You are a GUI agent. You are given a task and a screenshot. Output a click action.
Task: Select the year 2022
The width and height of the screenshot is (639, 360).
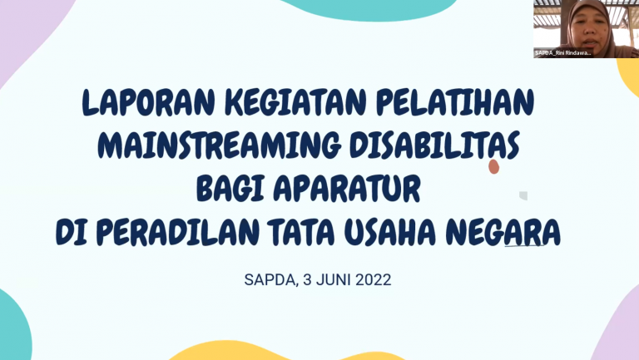pyautogui.click(x=374, y=280)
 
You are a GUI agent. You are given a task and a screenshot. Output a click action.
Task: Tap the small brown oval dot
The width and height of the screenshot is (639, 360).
pyautogui.click(x=493, y=167)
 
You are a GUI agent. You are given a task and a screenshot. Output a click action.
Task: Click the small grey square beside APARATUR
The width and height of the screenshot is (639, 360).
pyautogui.click(x=523, y=196)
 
